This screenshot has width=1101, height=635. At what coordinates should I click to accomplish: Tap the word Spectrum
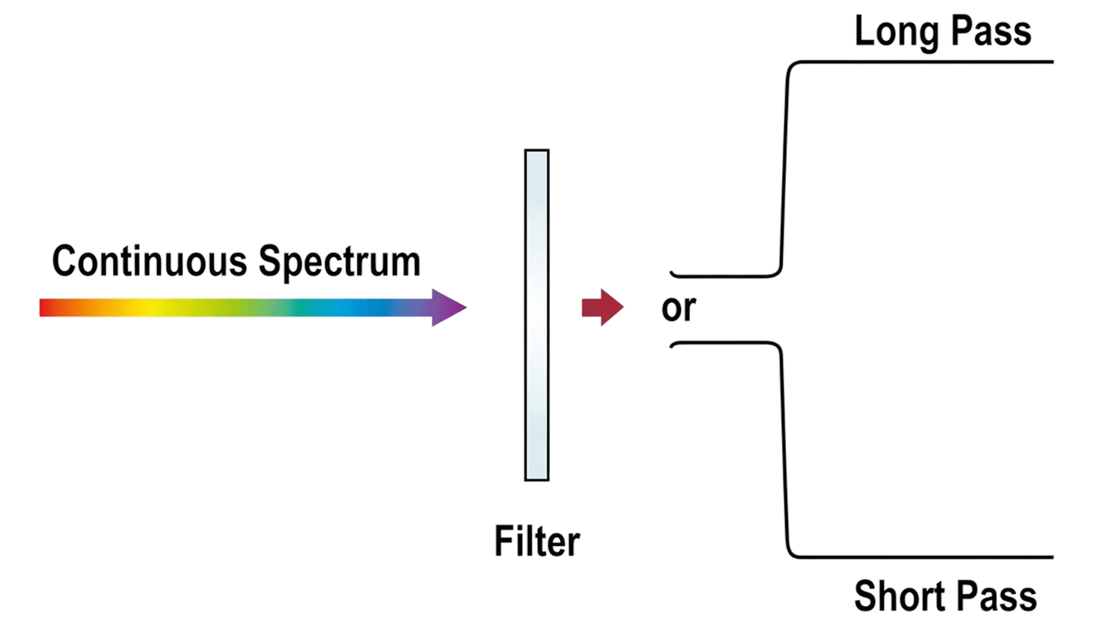339,261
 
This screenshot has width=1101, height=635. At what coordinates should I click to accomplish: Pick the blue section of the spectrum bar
367,307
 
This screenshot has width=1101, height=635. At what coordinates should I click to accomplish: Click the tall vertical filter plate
537,314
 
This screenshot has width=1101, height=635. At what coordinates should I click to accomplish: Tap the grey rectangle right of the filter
658,199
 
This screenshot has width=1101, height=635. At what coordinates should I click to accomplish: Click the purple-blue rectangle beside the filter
658,431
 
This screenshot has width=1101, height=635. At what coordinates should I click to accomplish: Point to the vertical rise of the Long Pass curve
784,168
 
